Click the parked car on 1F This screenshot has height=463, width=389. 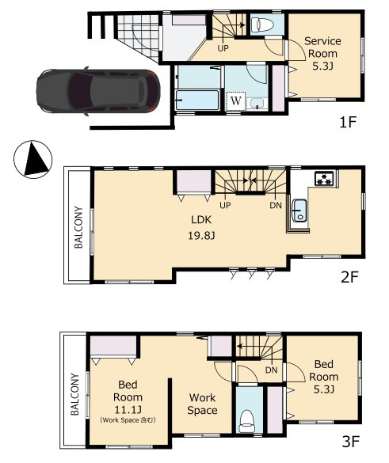[x=98, y=91]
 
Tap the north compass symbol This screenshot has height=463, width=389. [x=32, y=159]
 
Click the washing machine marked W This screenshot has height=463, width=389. [x=236, y=101]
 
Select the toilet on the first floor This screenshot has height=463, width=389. [x=262, y=25]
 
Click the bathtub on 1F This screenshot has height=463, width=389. [x=197, y=100]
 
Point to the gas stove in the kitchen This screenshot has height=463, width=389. [x=324, y=178]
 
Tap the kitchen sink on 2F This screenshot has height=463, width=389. [x=299, y=211]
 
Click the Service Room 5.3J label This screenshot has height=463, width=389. [x=322, y=54]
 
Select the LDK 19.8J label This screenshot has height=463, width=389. [x=201, y=228]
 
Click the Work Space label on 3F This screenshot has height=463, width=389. [x=203, y=404]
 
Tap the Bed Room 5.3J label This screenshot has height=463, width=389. [x=324, y=377]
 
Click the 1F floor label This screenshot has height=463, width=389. [x=348, y=122]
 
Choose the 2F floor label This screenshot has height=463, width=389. [x=349, y=277]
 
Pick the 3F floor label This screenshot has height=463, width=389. [x=350, y=442]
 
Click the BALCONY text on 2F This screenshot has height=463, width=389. [x=78, y=227]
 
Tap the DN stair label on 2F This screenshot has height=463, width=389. [x=276, y=205]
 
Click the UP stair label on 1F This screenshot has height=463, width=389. [x=223, y=48]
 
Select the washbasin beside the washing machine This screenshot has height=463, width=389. [x=257, y=104]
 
